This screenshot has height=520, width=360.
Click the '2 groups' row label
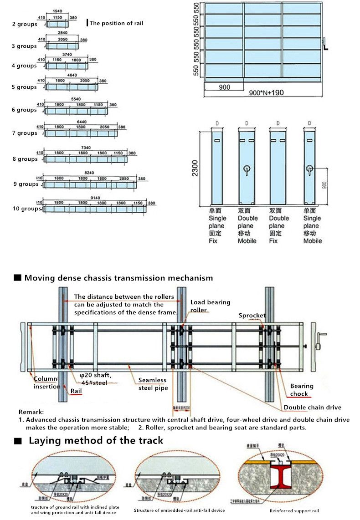pyautogui.click(x=25, y=24)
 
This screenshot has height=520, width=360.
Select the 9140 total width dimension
pyautogui.click(x=95, y=198)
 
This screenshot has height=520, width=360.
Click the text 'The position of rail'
pyautogui.click(x=116, y=23)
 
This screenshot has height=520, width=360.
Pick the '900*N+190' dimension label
pyautogui.click(x=267, y=93)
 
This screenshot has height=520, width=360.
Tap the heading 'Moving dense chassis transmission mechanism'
pyautogui.click(x=118, y=278)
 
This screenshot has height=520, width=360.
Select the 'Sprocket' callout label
pyautogui.click(x=252, y=315)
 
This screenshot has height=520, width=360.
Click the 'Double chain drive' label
pyautogui.click(x=312, y=407)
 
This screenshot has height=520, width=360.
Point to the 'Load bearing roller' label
pyautogui.click(x=210, y=306)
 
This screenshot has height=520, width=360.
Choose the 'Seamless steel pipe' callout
pyautogui.click(x=153, y=384)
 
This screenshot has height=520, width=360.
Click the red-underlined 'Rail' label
pyautogui.click(x=76, y=391)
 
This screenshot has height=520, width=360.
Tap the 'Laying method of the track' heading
pyautogui.click(x=96, y=440)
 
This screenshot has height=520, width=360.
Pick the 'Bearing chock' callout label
pyautogui.click(x=302, y=390)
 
